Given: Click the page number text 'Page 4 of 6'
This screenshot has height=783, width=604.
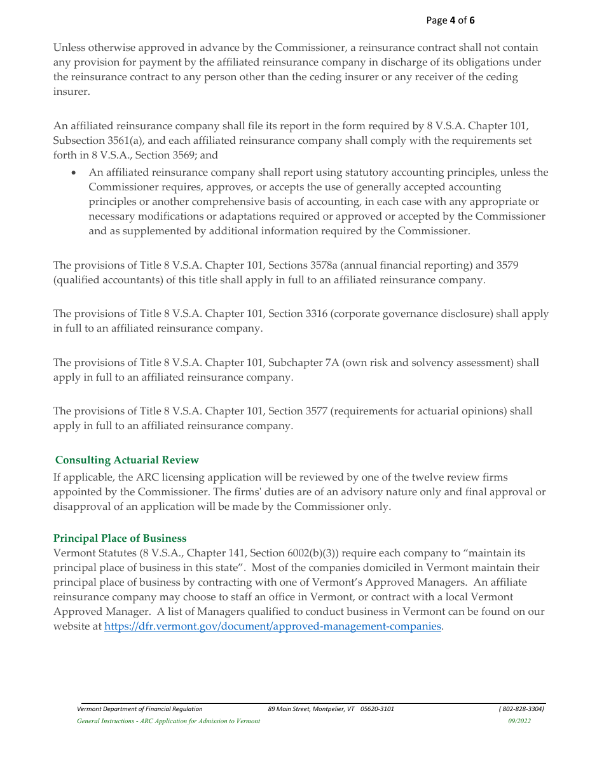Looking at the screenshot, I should coord(450,20).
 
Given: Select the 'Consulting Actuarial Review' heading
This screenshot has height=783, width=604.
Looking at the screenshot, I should coord(127,460).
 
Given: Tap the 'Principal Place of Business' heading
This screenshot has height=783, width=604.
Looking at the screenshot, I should coord(120,538).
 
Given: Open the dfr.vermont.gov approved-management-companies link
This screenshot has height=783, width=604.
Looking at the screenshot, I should coord(272,626).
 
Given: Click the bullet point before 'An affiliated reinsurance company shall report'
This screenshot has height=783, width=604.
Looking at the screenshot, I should coord(75,173).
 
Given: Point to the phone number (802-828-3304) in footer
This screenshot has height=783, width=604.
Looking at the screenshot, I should coord(521,709).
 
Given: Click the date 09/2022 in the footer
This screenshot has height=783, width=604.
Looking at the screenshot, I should coord(519,721).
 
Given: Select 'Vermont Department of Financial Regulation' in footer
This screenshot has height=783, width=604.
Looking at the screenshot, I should coord(139,709).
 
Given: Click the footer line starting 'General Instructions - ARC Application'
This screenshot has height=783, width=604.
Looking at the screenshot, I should coord(168,721).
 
